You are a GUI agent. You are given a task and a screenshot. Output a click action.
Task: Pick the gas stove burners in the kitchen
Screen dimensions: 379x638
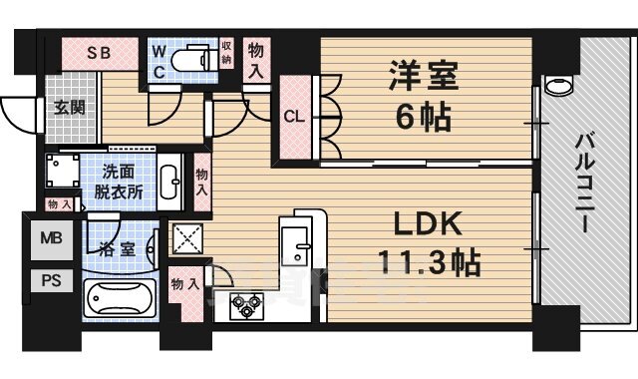(245, 304)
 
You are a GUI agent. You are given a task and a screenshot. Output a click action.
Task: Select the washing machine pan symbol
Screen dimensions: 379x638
(61, 179)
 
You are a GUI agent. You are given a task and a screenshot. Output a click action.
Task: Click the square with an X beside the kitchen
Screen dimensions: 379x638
(188, 240)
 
